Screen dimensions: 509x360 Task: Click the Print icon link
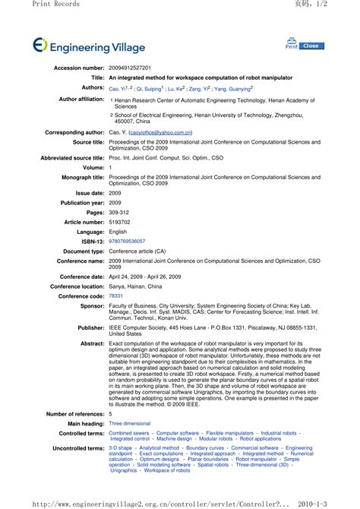(x=292, y=43)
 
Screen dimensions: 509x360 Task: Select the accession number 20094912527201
(x=130, y=68)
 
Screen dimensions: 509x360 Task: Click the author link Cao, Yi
(x=118, y=88)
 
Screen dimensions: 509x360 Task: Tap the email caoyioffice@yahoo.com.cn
(x=160, y=131)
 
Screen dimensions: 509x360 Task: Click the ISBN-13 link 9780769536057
(x=127, y=241)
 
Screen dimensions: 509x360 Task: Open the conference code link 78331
(x=115, y=296)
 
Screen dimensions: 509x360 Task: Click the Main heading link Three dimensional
(x=130, y=423)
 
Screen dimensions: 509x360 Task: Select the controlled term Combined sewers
(x=130, y=432)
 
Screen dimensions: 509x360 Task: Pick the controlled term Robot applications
(x=260, y=438)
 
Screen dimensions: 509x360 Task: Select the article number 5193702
(x=119, y=222)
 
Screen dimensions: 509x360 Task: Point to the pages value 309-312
(x=119, y=213)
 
